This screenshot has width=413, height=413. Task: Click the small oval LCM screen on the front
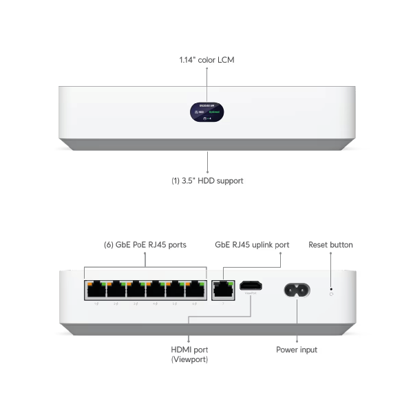(206, 114)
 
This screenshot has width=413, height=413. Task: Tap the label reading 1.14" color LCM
(206, 61)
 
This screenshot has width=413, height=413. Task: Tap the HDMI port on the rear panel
(252, 286)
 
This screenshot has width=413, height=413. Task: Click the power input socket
(296, 290)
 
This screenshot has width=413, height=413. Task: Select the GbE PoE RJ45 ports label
(145, 244)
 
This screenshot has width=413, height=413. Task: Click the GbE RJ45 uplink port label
(253, 244)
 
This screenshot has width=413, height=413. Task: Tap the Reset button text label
(331, 244)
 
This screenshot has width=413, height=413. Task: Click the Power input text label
(297, 350)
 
